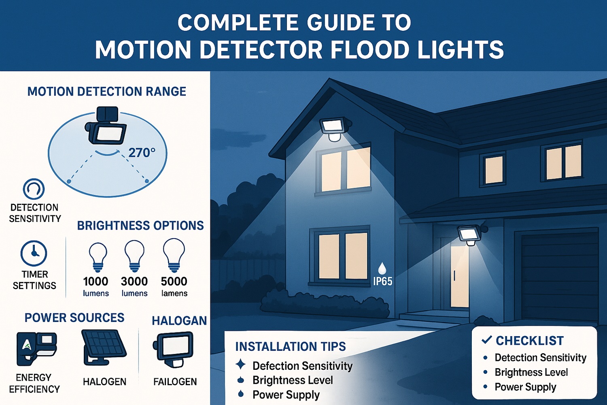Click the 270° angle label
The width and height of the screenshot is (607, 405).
[x=142, y=153]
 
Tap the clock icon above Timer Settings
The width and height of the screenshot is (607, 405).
[x=34, y=253]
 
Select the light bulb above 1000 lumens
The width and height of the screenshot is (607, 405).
[x=98, y=258]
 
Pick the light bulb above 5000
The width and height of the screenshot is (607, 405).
[x=174, y=256]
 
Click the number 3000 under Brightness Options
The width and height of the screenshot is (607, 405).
[x=134, y=281]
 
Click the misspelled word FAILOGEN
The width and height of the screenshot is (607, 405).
[x=175, y=382]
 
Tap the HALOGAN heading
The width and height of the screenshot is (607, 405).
[x=179, y=321]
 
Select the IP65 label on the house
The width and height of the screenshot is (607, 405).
[x=383, y=281]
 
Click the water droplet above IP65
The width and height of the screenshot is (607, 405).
[x=382, y=268]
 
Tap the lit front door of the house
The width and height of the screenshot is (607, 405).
[x=460, y=276]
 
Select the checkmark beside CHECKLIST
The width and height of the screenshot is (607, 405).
[x=487, y=340]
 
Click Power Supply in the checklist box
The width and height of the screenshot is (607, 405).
[x=525, y=387]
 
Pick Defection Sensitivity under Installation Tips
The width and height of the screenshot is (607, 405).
[x=302, y=366]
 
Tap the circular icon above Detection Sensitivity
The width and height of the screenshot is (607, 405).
[x=34, y=189]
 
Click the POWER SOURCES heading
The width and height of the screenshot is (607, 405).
[x=74, y=318]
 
